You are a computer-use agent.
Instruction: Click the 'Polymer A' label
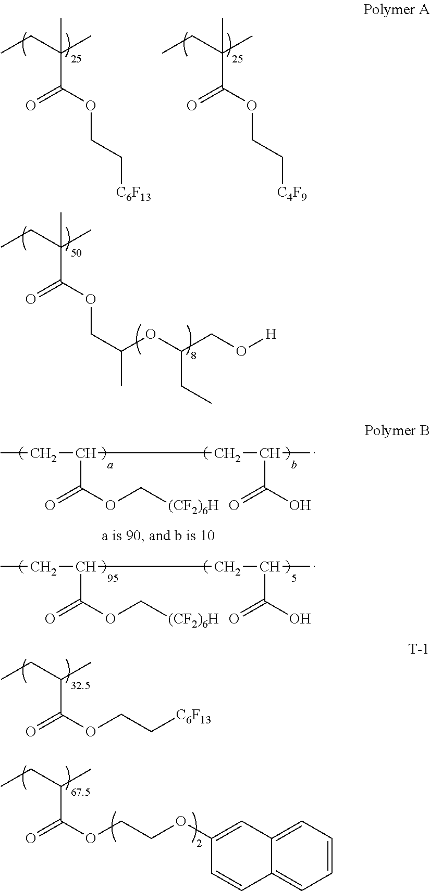[x=396, y=9]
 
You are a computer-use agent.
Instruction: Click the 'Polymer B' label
[x=396, y=430]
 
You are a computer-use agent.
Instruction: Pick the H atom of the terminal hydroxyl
[x=271, y=335]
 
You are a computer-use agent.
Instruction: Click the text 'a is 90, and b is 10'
[x=158, y=536]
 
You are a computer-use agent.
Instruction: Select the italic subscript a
[x=109, y=466]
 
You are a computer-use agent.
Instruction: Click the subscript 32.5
[x=80, y=686]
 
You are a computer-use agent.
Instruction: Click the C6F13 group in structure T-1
[x=193, y=718]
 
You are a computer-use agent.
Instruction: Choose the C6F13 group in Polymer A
[x=133, y=195]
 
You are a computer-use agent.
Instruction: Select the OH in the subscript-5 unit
[x=300, y=618]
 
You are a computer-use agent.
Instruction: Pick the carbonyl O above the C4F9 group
[x=192, y=106]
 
